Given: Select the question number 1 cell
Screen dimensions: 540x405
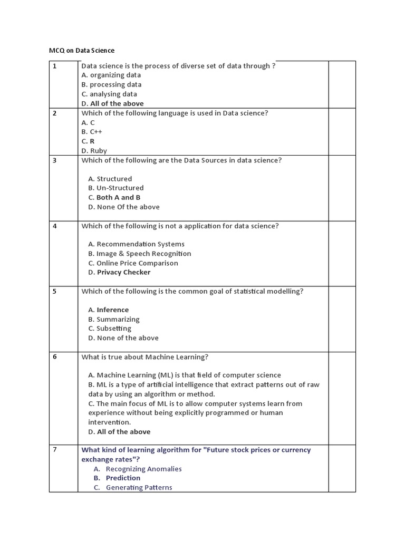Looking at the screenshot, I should (x=54, y=66).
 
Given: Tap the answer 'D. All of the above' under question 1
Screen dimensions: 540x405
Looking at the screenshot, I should (x=112, y=103).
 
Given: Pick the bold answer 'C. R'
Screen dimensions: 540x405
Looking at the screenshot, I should (x=88, y=141).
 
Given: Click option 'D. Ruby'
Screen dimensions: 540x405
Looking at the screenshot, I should (x=94, y=151).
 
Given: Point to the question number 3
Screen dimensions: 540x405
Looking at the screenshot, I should (x=54, y=160).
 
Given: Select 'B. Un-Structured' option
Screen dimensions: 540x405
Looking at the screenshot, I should (x=115, y=188).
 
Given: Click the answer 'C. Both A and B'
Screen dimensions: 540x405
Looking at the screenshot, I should (x=114, y=197).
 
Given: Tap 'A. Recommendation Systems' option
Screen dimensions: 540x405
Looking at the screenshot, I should (x=136, y=244).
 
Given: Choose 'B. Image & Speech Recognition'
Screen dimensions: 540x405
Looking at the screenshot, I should (x=139, y=254).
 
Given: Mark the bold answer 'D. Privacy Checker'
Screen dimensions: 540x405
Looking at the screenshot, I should (x=119, y=272).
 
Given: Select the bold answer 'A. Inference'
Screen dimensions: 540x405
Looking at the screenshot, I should (x=108, y=310).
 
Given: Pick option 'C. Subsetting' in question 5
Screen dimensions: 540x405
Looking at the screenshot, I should (x=110, y=329).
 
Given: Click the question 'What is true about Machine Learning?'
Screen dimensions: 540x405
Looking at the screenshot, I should (x=145, y=357).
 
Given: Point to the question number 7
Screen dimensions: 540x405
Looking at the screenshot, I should (x=54, y=449).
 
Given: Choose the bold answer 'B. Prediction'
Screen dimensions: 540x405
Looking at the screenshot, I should (x=117, y=478).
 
